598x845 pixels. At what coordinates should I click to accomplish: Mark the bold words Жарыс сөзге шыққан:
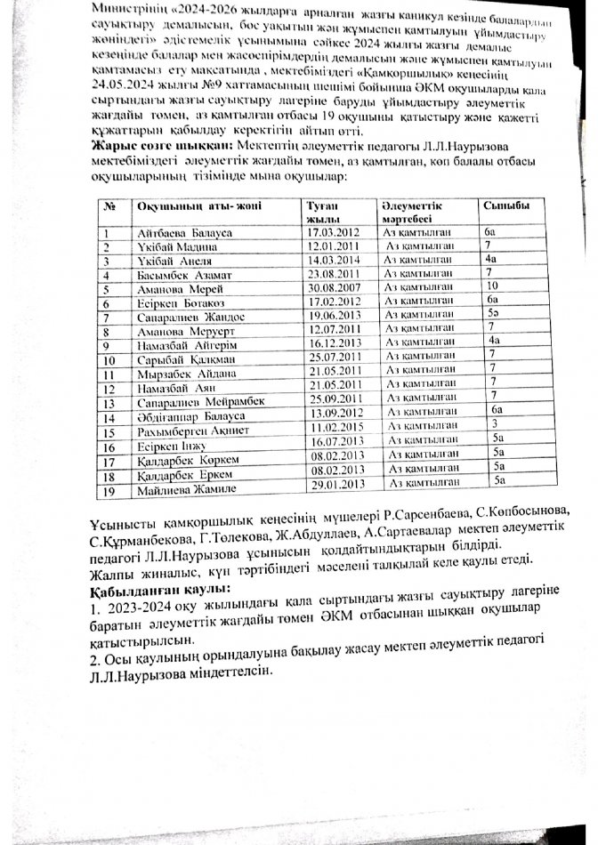pos(158,144)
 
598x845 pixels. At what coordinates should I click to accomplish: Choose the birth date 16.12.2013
pos(334,342)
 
